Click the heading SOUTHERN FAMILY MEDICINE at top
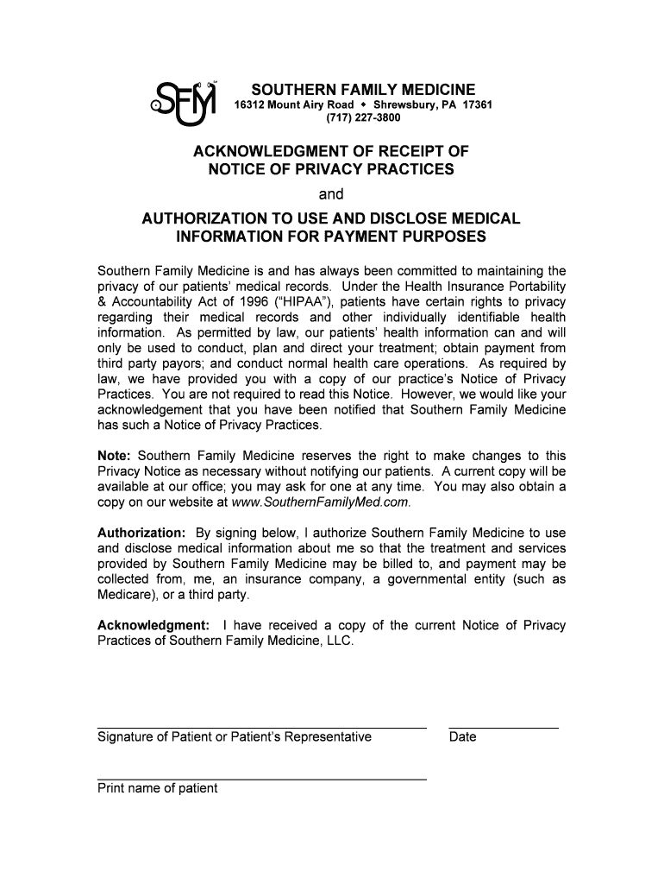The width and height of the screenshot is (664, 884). point(363,90)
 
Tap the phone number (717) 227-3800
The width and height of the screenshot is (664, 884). point(362,119)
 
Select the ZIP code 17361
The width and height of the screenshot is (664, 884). point(477,105)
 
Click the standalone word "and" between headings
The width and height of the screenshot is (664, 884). point(331,194)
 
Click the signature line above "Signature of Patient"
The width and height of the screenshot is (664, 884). point(261,728)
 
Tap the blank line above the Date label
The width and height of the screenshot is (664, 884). point(504,728)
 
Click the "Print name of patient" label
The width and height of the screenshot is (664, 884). point(158,787)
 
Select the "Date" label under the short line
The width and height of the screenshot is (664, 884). point(462,736)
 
